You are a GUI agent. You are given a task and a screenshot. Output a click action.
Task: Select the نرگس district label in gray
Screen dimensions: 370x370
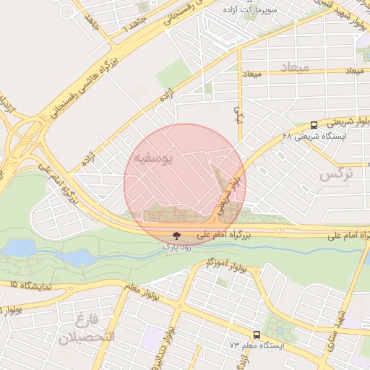point(337,174)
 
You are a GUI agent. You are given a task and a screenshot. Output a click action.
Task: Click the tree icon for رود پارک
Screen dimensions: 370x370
point(176,236)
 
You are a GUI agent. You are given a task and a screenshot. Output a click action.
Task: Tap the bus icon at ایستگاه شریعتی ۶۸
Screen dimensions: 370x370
point(313,124)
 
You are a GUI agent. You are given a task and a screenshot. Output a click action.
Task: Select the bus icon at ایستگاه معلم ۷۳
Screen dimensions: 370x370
point(257,335)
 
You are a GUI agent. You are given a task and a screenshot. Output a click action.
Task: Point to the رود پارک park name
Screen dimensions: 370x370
point(176,247)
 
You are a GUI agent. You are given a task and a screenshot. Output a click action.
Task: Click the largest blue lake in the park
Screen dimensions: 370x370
point(20,249)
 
